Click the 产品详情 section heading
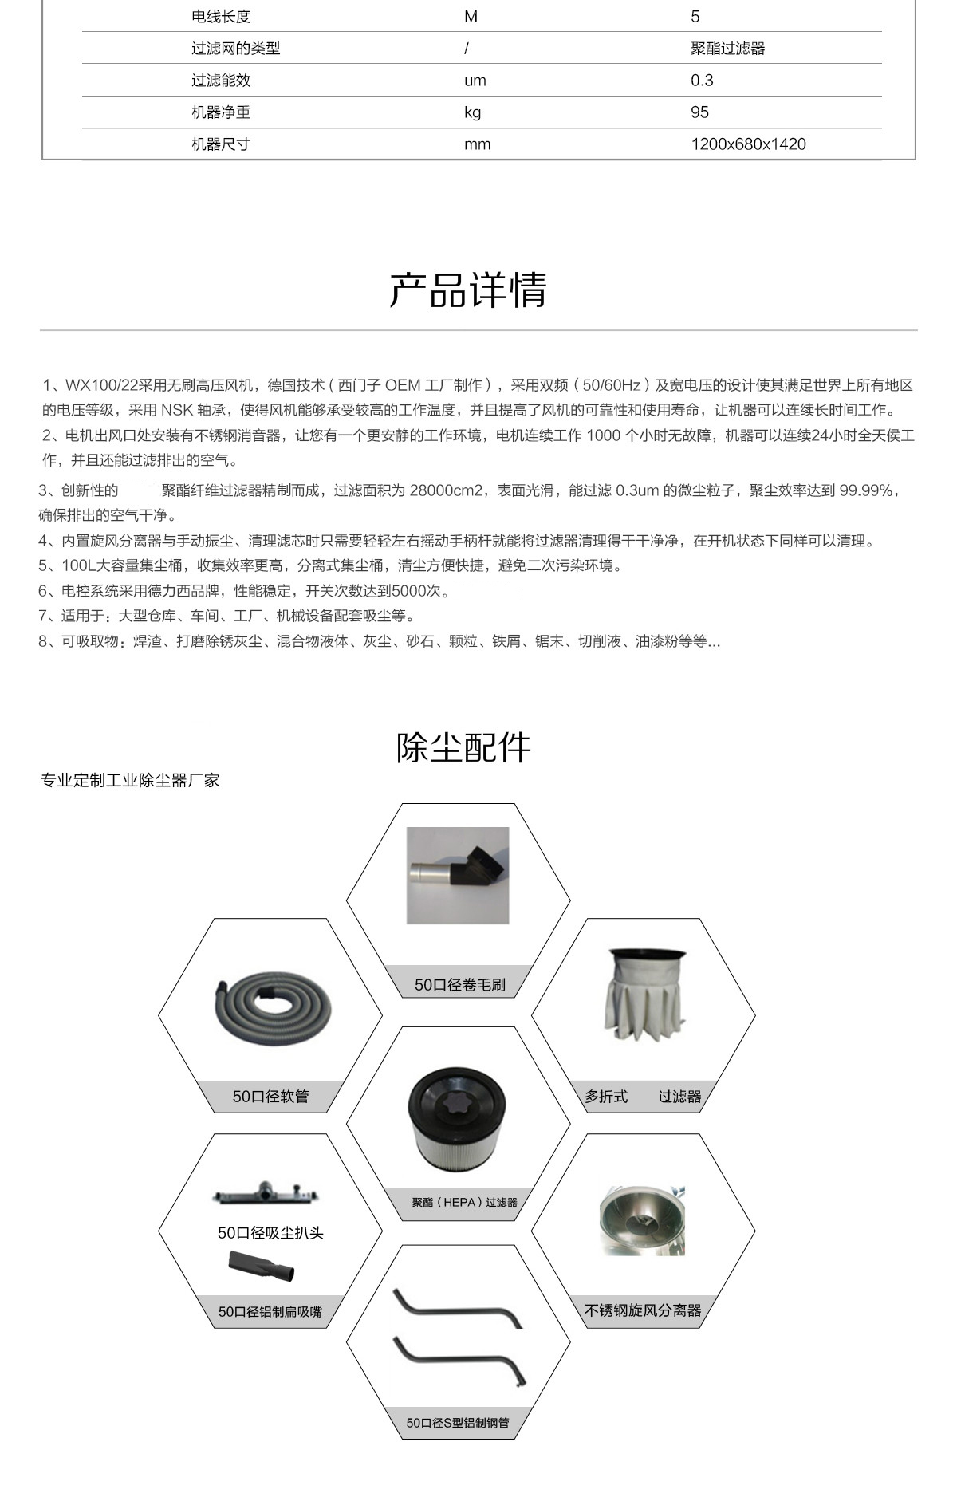tap(468, 290)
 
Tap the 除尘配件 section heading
tap(463, 747)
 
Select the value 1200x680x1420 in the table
tap(748, 144)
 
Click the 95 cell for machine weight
tap(699, 112)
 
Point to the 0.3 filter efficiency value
tap(702, 81)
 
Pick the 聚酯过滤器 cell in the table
tap(727, 49)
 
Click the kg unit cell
tap(473, 112)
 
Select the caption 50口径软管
tap(270, 1097)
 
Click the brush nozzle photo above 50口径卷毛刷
tap(458, 876)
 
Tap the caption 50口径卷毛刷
tap(459, 985)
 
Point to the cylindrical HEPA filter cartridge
tap(458, 1121)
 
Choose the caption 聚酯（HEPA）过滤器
tap(464, 1203)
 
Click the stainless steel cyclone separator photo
tap(642, 1221)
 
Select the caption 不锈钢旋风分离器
tap(643, 1310)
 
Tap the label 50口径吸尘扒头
tap(270, 1233)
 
